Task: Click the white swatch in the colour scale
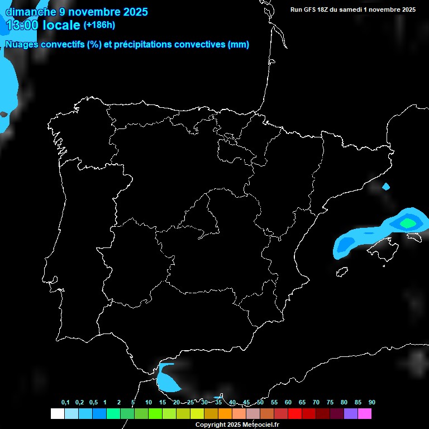(57, 413)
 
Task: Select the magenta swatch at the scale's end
(365, 413)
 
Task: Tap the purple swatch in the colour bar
(351, 413)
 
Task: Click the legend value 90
(372, 403)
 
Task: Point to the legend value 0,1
(65, 403)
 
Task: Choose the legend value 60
(288, 403)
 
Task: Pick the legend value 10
(149, 403)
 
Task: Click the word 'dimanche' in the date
(31, 11)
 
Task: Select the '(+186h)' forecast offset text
(99, 25)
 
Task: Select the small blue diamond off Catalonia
(386, 187)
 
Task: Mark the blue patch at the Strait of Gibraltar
(167, 379)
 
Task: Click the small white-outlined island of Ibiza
(341, 272)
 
